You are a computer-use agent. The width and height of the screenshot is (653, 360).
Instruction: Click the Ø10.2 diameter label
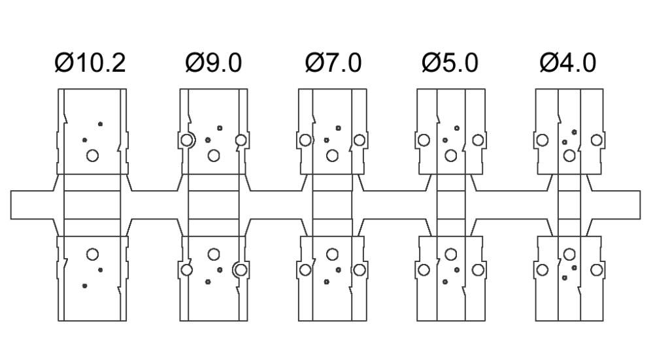[90, 63]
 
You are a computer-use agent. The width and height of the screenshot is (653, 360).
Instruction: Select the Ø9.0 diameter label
[213, 63]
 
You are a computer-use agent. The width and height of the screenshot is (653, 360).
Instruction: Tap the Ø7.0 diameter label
[333, 63]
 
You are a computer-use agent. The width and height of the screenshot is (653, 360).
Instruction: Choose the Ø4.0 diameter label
[567, 63]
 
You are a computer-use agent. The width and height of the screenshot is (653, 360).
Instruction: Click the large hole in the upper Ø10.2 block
[92, 155]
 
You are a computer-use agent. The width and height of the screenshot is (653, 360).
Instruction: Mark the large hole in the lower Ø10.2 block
[92, 254]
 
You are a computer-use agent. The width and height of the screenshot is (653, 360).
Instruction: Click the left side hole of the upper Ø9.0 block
[187, 140]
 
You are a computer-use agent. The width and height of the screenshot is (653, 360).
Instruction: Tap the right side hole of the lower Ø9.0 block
[240, 269]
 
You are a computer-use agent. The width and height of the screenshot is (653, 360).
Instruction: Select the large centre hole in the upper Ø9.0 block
[213, 155]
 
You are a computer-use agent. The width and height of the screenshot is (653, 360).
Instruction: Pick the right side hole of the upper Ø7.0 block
[360, 140]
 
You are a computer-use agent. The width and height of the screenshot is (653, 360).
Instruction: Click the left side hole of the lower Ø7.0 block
[305, 269]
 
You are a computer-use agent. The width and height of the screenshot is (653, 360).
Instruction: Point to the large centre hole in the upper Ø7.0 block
[332, 155]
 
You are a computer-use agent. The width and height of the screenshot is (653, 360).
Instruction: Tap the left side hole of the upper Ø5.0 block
[423, 140]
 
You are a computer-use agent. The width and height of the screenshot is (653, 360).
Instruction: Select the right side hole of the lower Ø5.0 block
[478, 269]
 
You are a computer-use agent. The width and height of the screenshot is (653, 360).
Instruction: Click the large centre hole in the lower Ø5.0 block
[450, 254]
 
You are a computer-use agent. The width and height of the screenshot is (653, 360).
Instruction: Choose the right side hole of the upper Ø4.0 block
[596, 140]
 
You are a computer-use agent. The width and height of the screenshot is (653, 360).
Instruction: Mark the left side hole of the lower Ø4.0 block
[542, 269]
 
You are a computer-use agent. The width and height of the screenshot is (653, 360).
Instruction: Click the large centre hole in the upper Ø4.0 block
[569, 155]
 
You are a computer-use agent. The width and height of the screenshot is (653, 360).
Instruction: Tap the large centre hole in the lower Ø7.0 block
[332, 254]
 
